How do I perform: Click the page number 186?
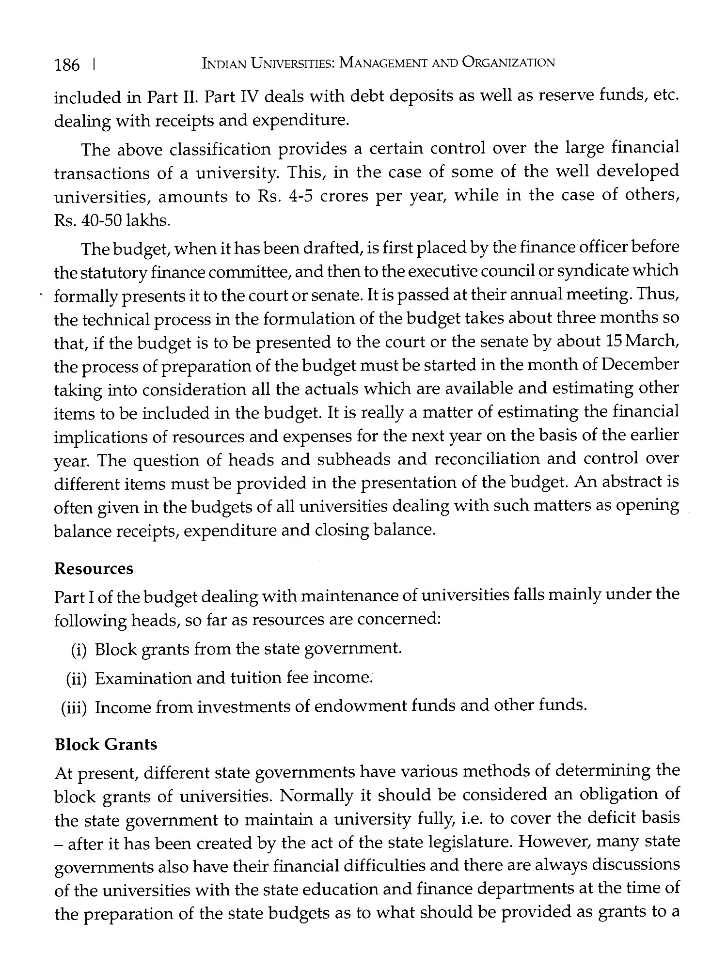(67, 64)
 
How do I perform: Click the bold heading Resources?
(94, 568)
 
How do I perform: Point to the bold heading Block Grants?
(106, 744)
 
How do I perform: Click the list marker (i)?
(79, 650)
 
